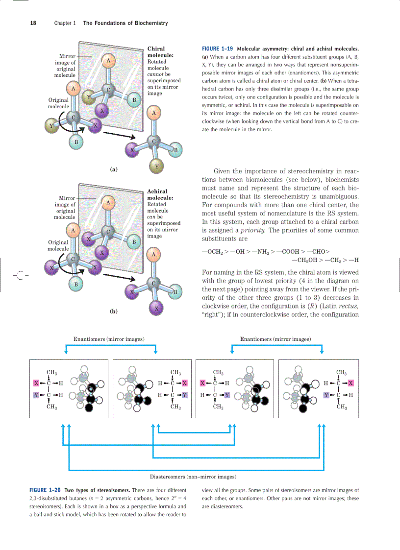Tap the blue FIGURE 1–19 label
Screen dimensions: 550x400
click(217, 49)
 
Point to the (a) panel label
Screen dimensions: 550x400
click(114, 169)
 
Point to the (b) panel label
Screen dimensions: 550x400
click(114, 311)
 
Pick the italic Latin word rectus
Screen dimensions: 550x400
click(348, 306)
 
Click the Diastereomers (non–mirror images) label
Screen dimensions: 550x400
click(193, 476)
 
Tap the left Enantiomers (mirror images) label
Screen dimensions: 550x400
click(109, 339)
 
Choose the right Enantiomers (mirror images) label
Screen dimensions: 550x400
click(275, 339)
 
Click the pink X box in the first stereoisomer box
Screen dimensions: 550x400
click(36, 383)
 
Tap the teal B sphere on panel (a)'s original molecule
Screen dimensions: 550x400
click(75, 143)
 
